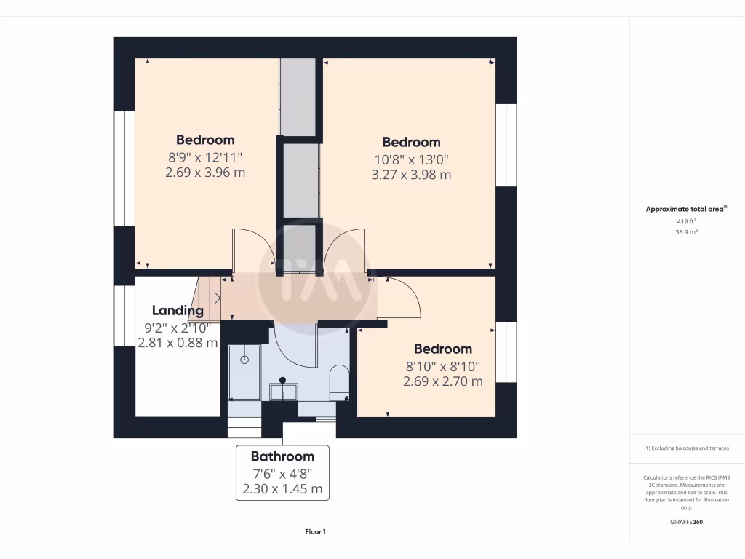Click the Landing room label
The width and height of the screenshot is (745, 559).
[178, 311]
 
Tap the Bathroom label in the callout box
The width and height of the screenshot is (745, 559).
[282, 456]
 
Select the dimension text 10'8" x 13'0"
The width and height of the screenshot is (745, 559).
[411, 159]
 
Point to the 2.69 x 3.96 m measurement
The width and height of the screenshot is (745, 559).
[205, 173]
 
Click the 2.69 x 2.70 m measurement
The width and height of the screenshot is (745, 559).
[443, 381]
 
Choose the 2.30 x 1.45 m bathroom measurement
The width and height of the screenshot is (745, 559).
[282, 489]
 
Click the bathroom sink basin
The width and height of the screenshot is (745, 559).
[283, 392]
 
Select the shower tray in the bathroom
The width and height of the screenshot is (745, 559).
[244, 373]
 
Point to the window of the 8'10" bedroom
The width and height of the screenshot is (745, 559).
[506, 352]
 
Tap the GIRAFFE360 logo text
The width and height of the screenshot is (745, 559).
[686, 522]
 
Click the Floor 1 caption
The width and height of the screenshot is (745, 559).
[315, 532]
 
